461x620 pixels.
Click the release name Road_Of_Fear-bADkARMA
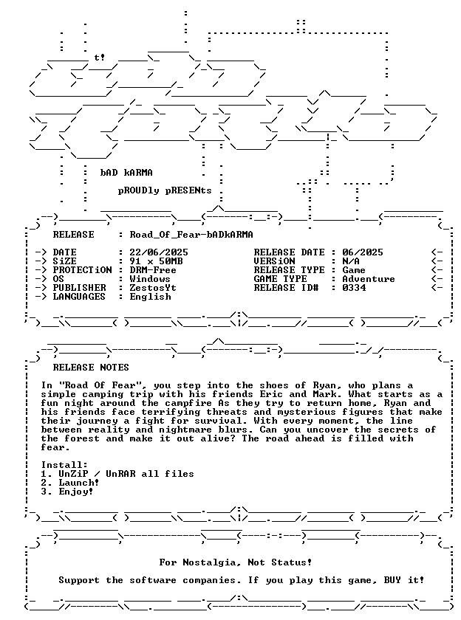pyautogui.click(x=191, y=235)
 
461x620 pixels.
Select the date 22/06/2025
pyautogui.click(x=159, y=252)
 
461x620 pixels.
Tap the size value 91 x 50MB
pyautogui.click(x=156, y=261)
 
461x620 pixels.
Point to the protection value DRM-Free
pyautogui.click(x=153, y=270)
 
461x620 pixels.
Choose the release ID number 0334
pyautogui.click(x=354, y=288)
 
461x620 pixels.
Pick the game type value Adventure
pyautogui.click(x=369, y=279)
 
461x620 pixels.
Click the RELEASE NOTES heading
pyautogui.click(x=91, y=368)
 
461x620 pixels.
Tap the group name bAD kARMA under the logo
pyautogui.click(x=126, y=173)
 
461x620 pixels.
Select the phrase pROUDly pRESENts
pyautogui.click(x=165, y=190)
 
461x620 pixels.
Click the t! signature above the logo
pyautogui.click(x=100, y=58)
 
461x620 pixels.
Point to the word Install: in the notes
pyautogui.click(x=64, y=465)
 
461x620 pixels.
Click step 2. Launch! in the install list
pyautogui.click(x=70, y=483)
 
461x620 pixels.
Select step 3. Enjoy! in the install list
pyautogui.click(x=67, y=492)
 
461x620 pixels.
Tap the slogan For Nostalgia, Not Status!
pyautogui.click(x=236, y=562)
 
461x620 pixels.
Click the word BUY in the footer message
pyautogui.click(x=392, y=580)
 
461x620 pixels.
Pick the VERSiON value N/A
pyautogui.click(x=351, y=261)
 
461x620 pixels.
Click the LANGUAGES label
pyautogui.click(x=79, y=297)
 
